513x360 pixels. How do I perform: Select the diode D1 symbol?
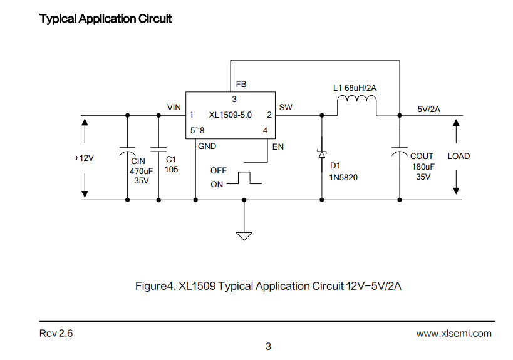322,153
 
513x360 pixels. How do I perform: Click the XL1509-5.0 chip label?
231,115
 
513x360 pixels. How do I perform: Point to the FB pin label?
241,85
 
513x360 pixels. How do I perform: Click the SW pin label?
286,107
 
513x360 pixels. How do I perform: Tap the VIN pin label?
174,107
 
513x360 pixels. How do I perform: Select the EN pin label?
277,147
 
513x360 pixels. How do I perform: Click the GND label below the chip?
207,146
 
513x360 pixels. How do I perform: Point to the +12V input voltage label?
84,158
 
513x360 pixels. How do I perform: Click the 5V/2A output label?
428,109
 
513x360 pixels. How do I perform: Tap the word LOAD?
459,157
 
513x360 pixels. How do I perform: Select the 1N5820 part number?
343,178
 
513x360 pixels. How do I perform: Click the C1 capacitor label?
171,159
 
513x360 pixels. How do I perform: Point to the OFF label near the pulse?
219,171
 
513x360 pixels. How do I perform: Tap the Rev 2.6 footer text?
56,333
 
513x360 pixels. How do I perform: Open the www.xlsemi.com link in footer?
453,334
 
